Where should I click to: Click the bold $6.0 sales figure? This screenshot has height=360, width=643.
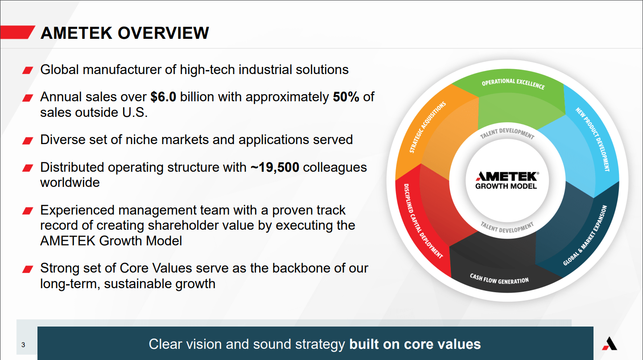163,97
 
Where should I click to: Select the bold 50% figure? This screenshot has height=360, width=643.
346,97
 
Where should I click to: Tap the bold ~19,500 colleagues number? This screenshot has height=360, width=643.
275,167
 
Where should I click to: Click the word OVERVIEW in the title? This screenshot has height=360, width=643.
163,33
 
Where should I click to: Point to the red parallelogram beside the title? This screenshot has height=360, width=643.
17,32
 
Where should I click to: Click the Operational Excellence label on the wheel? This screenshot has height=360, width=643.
513,83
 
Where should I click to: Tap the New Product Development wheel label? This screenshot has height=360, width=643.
593,139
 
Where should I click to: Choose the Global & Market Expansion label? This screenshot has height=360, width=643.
585,236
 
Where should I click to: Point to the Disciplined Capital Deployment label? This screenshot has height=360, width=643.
423,221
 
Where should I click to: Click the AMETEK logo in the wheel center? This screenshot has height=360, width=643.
507,176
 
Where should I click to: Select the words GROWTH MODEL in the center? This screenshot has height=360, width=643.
506,186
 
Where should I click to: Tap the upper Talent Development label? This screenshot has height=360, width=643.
507,133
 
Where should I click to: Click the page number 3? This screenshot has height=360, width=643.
23,344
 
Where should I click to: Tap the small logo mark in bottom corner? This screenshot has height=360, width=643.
610,343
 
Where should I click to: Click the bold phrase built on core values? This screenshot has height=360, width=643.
415,344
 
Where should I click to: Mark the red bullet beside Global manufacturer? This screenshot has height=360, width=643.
28,70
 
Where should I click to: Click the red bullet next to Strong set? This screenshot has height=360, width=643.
28,269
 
